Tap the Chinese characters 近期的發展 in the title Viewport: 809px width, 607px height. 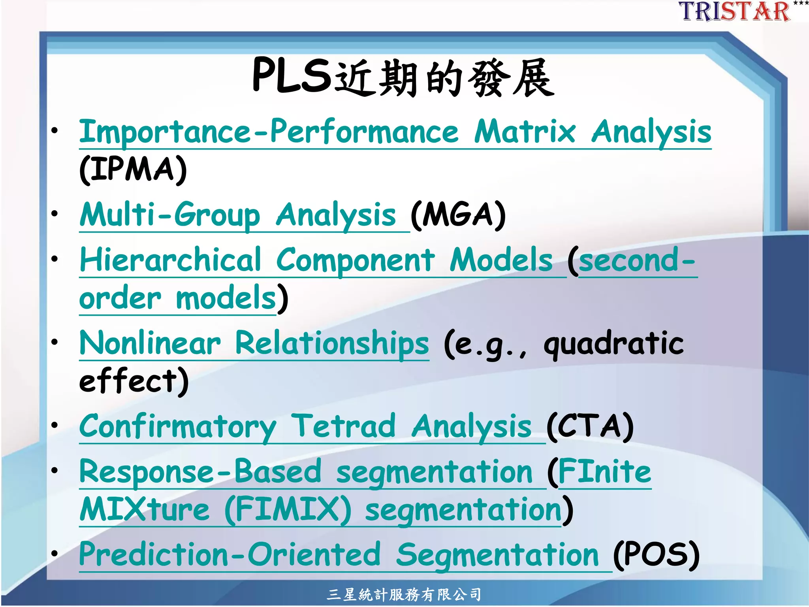(x=444, y=78)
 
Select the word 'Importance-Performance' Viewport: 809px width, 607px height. (x=269, y=132)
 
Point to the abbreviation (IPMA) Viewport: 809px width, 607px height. (x=133, y=170)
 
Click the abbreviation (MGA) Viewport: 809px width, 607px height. (x=458, y=215)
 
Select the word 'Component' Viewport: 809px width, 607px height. (x=355, y=260)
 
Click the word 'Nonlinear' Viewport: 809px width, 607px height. (x=150, y=343)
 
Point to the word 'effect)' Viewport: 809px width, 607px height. (x=134, y=381)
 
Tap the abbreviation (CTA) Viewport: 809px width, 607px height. (x=590, y=426)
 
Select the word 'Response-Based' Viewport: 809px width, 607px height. (x=200, y=472)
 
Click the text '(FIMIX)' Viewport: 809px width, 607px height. (x=288, y=510)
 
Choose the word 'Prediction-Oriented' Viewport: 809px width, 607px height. (x=230, y=555)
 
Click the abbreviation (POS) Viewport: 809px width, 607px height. (x=656, y=555)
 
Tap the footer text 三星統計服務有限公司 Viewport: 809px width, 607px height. (x=404, y=594)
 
